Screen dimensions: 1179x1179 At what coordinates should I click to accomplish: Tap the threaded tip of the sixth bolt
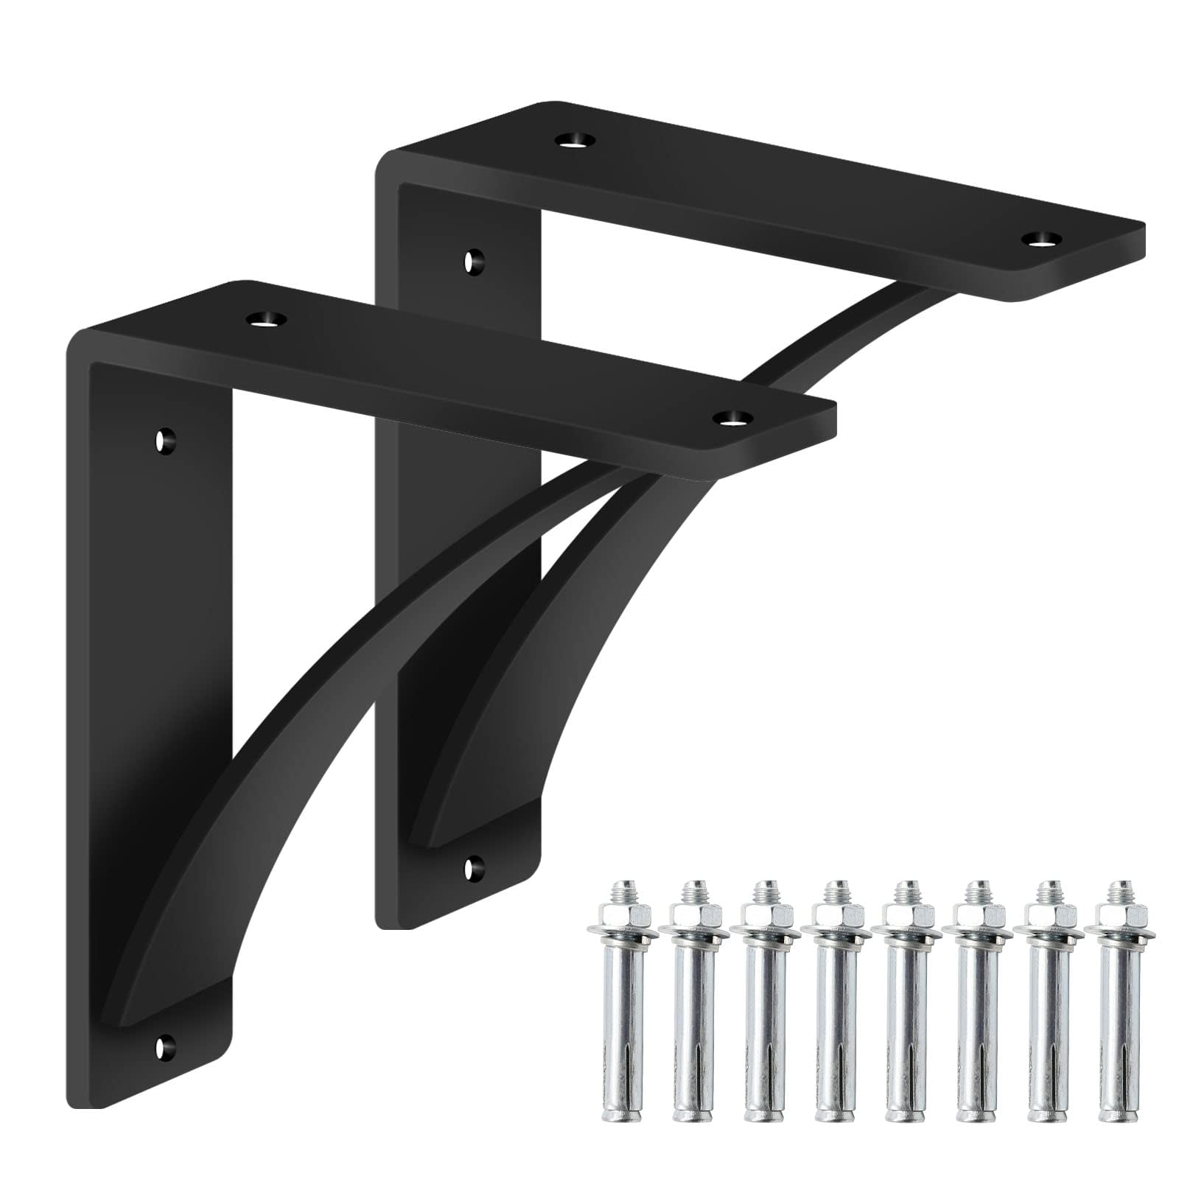click(975, 888)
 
